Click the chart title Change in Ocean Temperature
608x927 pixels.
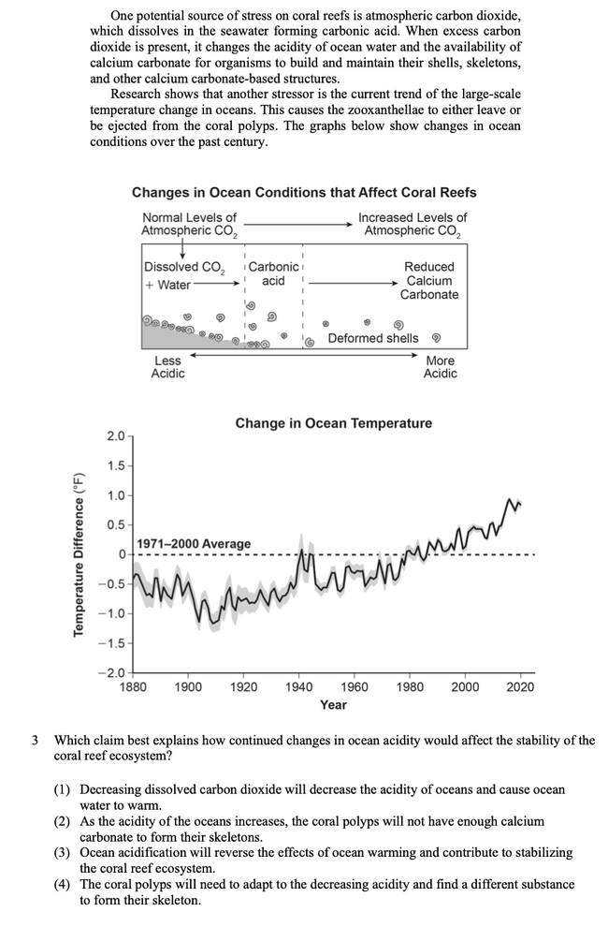[x=333, y=423]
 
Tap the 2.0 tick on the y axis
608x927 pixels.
[x=115, y=437]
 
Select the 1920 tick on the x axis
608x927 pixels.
[x=243, y=686]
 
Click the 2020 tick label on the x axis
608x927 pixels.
[x=520, y=686]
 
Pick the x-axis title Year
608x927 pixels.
[x=333, y=705]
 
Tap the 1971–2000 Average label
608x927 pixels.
[x=194, y=544]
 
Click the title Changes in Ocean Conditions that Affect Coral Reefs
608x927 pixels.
[x=304, y=192]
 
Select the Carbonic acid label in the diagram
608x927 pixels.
[x=273, y=273]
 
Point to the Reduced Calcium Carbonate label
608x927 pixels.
[x=428, y=281]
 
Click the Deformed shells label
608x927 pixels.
[x=373, y=338]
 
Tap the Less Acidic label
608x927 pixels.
[x=167, y=367]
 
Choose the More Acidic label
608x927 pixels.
[x=440, y=367]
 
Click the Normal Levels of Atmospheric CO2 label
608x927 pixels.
[x=188, y=224]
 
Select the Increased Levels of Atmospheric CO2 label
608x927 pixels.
[x=412, y=224]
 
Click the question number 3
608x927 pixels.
[x=36, y=740]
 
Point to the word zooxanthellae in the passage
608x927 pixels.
[x=400, y=110]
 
